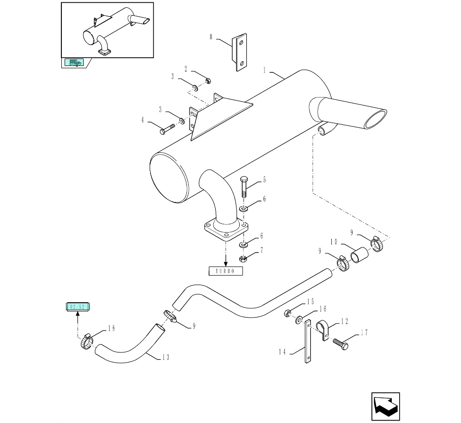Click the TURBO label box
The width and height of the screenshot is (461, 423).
(x=225, y=271)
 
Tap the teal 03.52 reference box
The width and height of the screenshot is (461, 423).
(x=78, y=307)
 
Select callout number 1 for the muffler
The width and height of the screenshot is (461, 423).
(x=264, y=71)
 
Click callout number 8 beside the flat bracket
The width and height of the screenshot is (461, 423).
(x=211, y=37)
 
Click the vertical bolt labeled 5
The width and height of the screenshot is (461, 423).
(x=244, y=187)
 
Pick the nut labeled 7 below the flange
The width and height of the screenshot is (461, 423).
(x=243, y=259)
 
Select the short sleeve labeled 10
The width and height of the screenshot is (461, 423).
(x=360, y=255)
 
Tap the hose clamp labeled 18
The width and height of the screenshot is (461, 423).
(x=86, y=342)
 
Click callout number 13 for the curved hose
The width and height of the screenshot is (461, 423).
(x=166, y=358)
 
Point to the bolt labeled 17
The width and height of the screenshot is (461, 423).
(x=341, y=344)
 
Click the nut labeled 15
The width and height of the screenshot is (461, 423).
(x=287, y=313)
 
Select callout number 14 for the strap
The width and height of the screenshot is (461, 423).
(x=282, y=352)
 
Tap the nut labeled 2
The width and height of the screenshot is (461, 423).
(x=208, y=80)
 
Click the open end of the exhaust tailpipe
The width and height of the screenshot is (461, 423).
(x=376, y=119)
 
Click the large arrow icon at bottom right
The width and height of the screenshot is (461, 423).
(x=385, y=406)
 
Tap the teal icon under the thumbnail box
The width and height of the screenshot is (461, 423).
(x=74, y=63)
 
